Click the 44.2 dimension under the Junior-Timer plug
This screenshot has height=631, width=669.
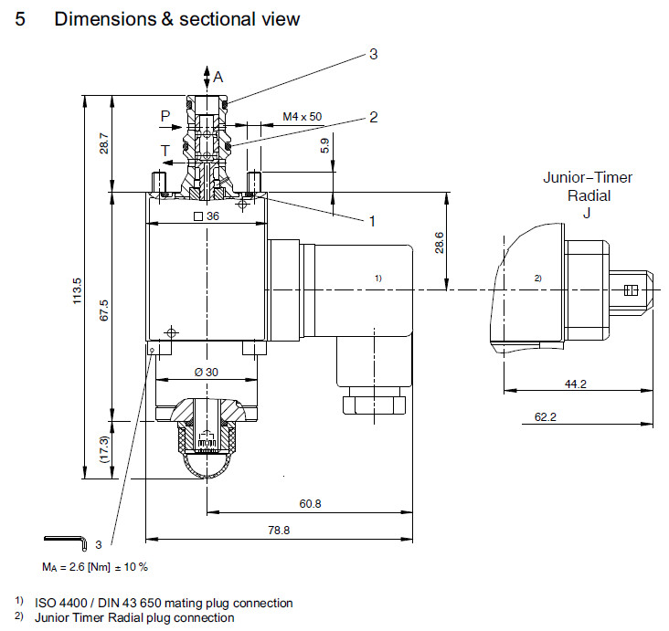coord(575,384)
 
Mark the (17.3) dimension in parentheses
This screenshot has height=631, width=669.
coord(104,448)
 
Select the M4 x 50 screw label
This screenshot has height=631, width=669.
coord(303,116)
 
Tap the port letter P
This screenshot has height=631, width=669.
coord(165,116)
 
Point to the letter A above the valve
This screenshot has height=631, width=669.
coord(218,77)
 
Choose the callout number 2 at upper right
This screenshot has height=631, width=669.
coord(373,117)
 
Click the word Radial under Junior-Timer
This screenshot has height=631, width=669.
coord(588,195)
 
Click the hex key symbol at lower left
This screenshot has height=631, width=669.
coord(65,544)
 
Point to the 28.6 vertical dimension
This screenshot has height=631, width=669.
coord(439,243)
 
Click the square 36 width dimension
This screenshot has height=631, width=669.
coord(207,216)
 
